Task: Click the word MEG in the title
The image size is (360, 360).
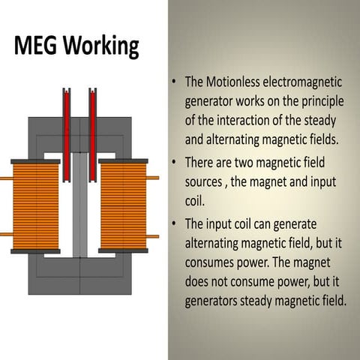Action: (x=35, y=46)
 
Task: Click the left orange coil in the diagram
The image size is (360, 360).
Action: (x=35, y=206)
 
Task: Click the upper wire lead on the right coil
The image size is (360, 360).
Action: (x=153, y=178)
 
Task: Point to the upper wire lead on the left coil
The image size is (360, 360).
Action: (x=5, y=178)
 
